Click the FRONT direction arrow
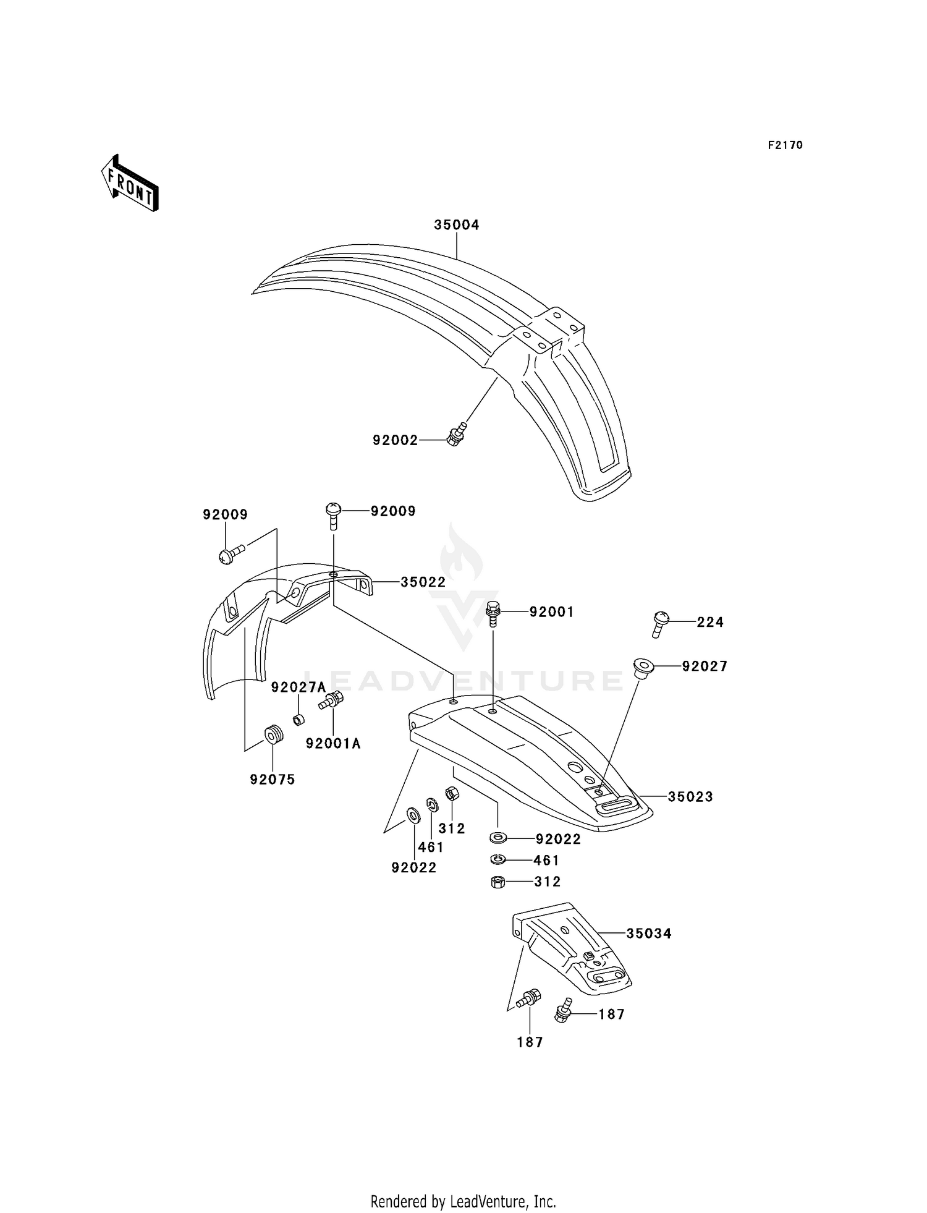pyautogui.click(x=130, y=184)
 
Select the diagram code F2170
pyautogui.click(x=785, y=145)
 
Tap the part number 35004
pyautogui.click(x=456, y=225)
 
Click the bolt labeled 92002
pyautogui.click(x=457, y=435)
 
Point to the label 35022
pyautogui.click(x=423, y=582)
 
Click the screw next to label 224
pyautogui.click(x=659, y=623)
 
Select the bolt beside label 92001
pyautogui.click(x=493, y=613)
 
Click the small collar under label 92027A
pyautogui.click(x=298, y=720)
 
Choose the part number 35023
pyautogui.click(x=690, y=797)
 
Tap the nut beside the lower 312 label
pyautogui.click(x=497, y=882)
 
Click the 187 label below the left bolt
pyautogui.click(x=530, y=1042)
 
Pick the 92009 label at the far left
pyautogui.click(x=225, y=515)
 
